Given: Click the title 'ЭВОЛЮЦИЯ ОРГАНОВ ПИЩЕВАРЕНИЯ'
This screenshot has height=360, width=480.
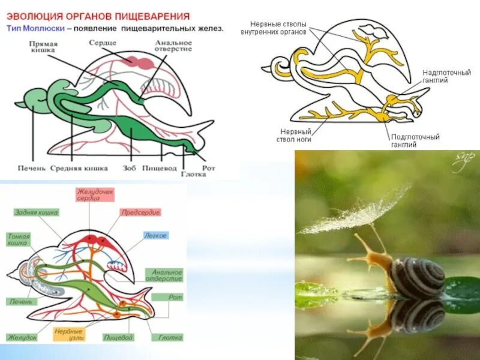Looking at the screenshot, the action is pyautogui.click(x=99, y=16).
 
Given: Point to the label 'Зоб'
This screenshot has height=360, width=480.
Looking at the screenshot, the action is pyautogui.click(x=128, y=169).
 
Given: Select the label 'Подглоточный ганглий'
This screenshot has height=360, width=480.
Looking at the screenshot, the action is pyautogui.click(x=415, y=140).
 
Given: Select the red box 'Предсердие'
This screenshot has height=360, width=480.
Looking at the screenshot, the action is pyautogui.click(x=140, y=212).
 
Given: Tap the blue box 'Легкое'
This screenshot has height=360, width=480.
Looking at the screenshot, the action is pyautogui.click(x=155, y=236).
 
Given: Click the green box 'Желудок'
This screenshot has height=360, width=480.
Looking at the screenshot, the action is pyautogui.click(x=22, y=338).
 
